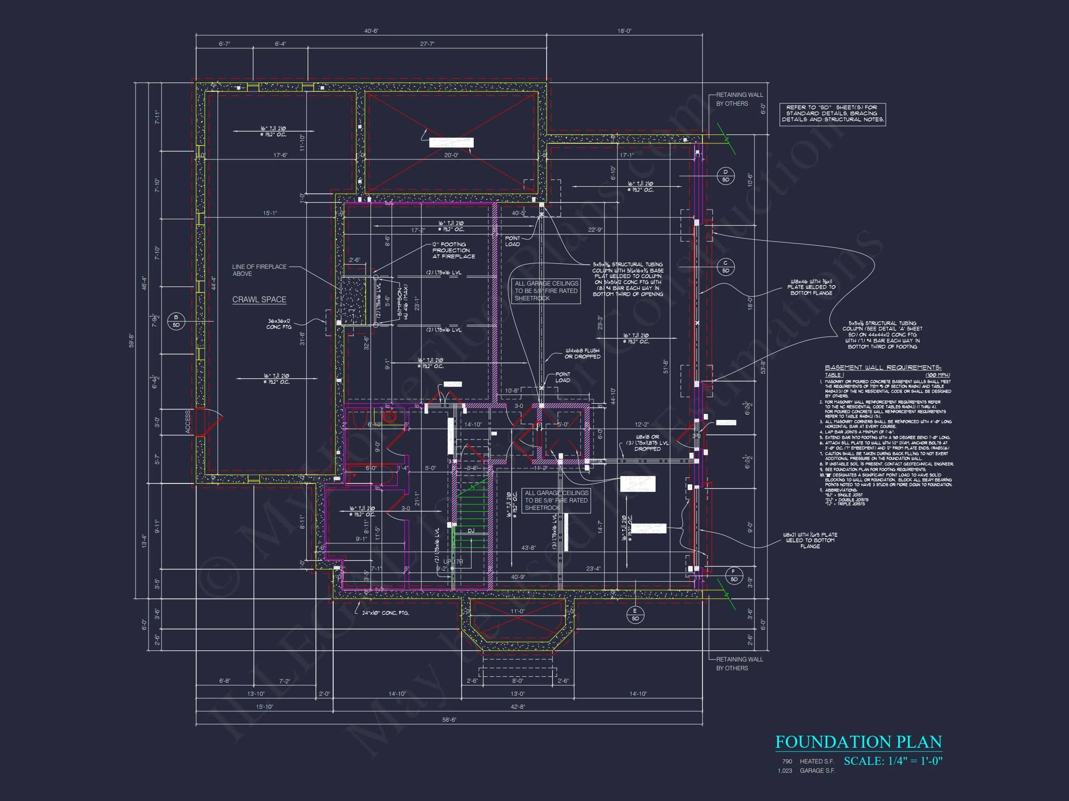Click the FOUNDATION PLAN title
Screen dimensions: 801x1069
(858, 742)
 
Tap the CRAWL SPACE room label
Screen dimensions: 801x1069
(259, 299)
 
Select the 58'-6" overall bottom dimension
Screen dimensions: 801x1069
(449, 719)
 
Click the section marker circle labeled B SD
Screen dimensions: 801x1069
(176, 321)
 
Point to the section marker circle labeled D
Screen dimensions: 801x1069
(725, 176)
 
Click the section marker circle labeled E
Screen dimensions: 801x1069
(635, 615)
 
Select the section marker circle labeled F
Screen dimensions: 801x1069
(734, 575)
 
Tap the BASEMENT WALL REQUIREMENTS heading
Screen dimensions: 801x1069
(883, 368)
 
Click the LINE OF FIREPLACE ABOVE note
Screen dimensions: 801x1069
(259, 270)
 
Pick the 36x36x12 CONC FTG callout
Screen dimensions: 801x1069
(279, 324)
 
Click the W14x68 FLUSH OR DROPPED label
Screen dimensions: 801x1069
(582, 353)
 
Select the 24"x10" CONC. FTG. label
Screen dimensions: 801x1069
(385, 613)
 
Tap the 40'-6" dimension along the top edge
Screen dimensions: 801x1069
(371, 31)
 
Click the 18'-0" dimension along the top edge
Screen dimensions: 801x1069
(624, 31)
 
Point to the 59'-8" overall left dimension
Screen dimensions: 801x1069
(131, 340)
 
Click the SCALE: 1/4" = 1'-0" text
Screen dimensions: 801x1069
(893, 761)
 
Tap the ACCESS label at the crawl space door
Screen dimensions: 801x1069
(188, 421)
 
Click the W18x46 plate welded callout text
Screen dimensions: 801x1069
(811, 287)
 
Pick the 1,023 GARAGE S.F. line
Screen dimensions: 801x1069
(806, 770)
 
